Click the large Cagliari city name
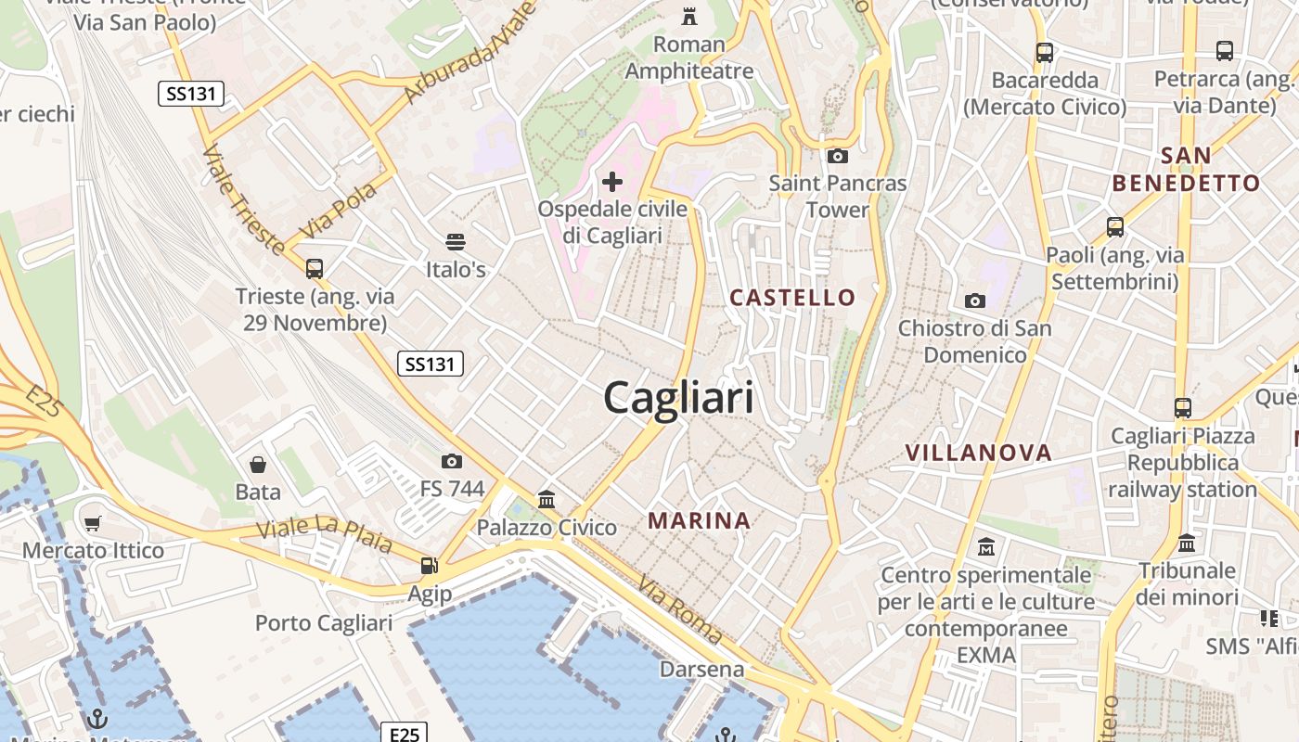(678, 398)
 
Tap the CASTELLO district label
(792, 298)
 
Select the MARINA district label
(700, 520)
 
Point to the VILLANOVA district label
(978, 453)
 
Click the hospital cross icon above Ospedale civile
(612, 181)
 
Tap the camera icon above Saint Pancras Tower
(837, 156)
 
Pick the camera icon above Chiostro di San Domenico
(974, 301)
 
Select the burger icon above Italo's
(455, 242)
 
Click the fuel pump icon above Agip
(429, 565)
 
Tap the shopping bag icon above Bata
(258, 464)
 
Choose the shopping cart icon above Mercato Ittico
(92, 524)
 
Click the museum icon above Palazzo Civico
(547, 500)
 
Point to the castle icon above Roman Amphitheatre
(688, 16)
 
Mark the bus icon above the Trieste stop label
(315, 269)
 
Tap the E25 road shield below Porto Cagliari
(405, 735)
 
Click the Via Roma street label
(680, 609)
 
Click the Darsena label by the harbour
(701, 669)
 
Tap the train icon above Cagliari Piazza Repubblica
(1182, 408)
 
